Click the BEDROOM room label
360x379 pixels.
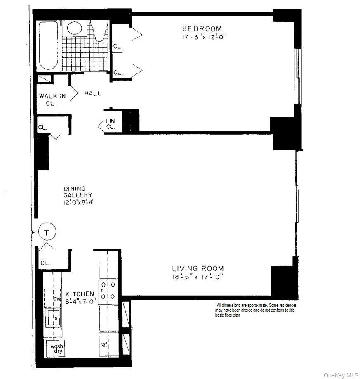202,28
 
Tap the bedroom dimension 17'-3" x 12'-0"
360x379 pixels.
203,37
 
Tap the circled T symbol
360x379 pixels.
47,232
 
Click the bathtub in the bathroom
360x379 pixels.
49,45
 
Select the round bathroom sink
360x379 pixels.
75,28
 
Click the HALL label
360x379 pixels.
93,94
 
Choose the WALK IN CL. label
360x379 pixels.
52,99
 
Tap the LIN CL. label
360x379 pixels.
111,124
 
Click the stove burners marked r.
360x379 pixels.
107,291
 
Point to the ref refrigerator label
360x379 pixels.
104,344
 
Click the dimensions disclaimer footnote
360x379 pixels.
256,310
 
